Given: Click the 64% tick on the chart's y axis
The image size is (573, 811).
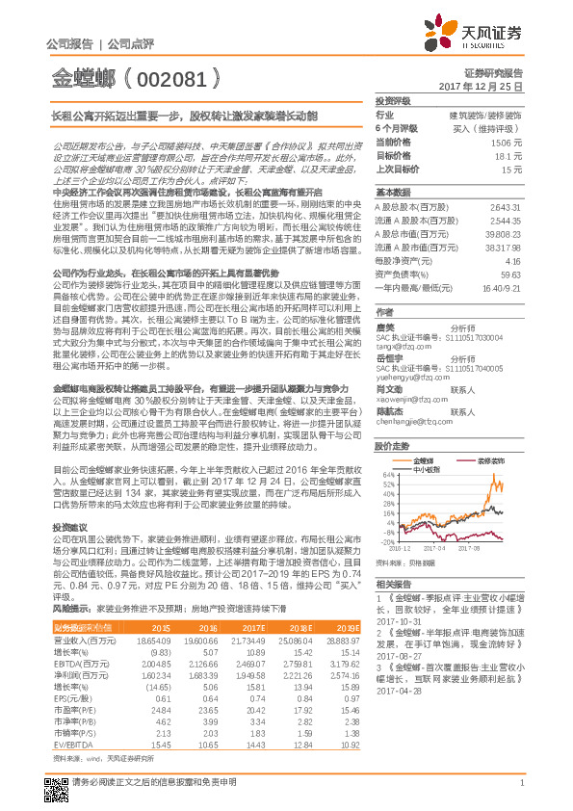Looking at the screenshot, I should pos(385,475).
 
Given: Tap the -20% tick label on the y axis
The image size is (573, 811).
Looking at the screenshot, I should pos(383,540).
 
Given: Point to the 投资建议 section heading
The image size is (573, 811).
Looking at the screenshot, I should pos(69,529).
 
